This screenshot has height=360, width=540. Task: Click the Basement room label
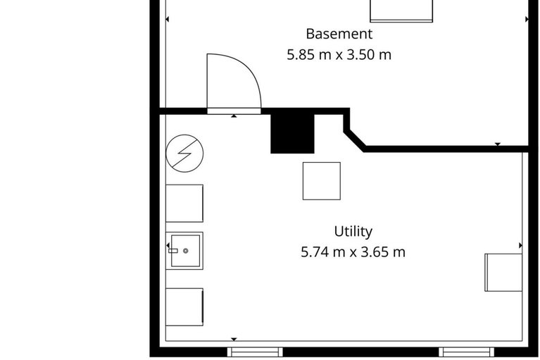[x=339, y=33]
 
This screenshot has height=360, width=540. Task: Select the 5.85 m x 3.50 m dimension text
[x=339, y=54]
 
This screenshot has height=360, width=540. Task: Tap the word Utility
[x=353, y=231]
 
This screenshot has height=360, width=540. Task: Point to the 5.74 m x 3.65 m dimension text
[x=353, y=252]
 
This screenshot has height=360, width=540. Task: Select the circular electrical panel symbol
[x=184, y=153]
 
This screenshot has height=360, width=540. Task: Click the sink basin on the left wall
[x=184, y=251]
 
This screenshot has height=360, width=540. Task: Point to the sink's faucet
[x=173, y=250]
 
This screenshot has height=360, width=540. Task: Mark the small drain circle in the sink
[x=186, y=250]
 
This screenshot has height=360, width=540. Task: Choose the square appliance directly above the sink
[x=184, y=204]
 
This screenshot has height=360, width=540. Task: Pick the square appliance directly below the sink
[x=184, y=306]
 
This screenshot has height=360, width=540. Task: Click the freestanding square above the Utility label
[x=322, y=181]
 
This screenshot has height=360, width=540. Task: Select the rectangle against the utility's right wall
[x=503, y=272]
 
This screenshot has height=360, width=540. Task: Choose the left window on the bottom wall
[x=255, y=351]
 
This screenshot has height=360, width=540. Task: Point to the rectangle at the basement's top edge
[x=401, y=10]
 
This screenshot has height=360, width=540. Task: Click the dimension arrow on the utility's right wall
[x=521, y=245]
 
